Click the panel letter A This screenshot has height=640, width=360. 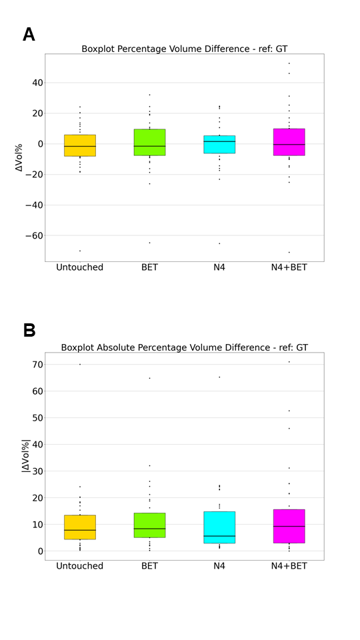29,35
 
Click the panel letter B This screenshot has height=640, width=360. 29,330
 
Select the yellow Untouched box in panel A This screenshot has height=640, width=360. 80,145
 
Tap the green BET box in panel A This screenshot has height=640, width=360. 150,143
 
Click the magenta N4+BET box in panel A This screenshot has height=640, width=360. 289,142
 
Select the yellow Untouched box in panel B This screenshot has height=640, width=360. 80,527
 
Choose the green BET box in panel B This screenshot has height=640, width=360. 150,525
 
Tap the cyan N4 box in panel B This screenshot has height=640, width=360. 219,527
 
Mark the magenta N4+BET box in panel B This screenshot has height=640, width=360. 289,526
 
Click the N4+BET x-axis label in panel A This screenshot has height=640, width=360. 289,268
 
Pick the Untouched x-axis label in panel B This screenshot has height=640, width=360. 80,567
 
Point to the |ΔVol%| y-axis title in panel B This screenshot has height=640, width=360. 26,456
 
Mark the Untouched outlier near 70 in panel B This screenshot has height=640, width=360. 80,364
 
